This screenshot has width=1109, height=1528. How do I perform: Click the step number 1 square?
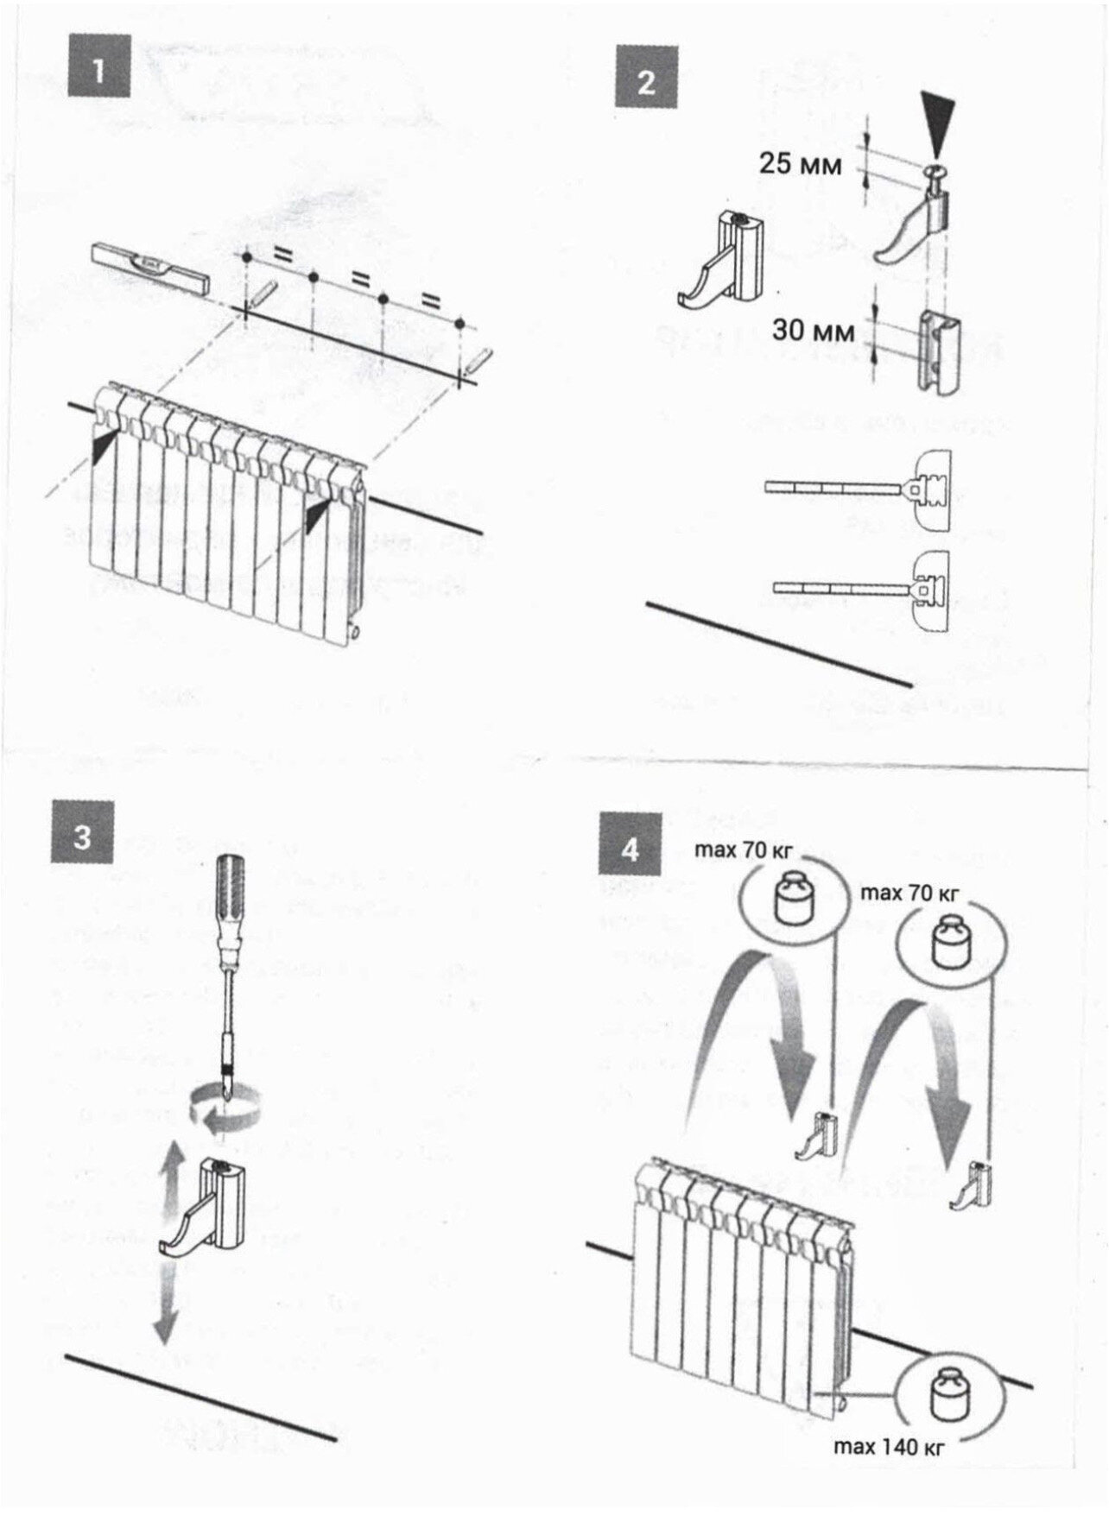tap(98, 66)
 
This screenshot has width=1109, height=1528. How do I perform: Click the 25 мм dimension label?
tap(800, 163)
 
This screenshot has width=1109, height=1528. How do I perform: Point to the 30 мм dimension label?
tap(813, 330)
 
